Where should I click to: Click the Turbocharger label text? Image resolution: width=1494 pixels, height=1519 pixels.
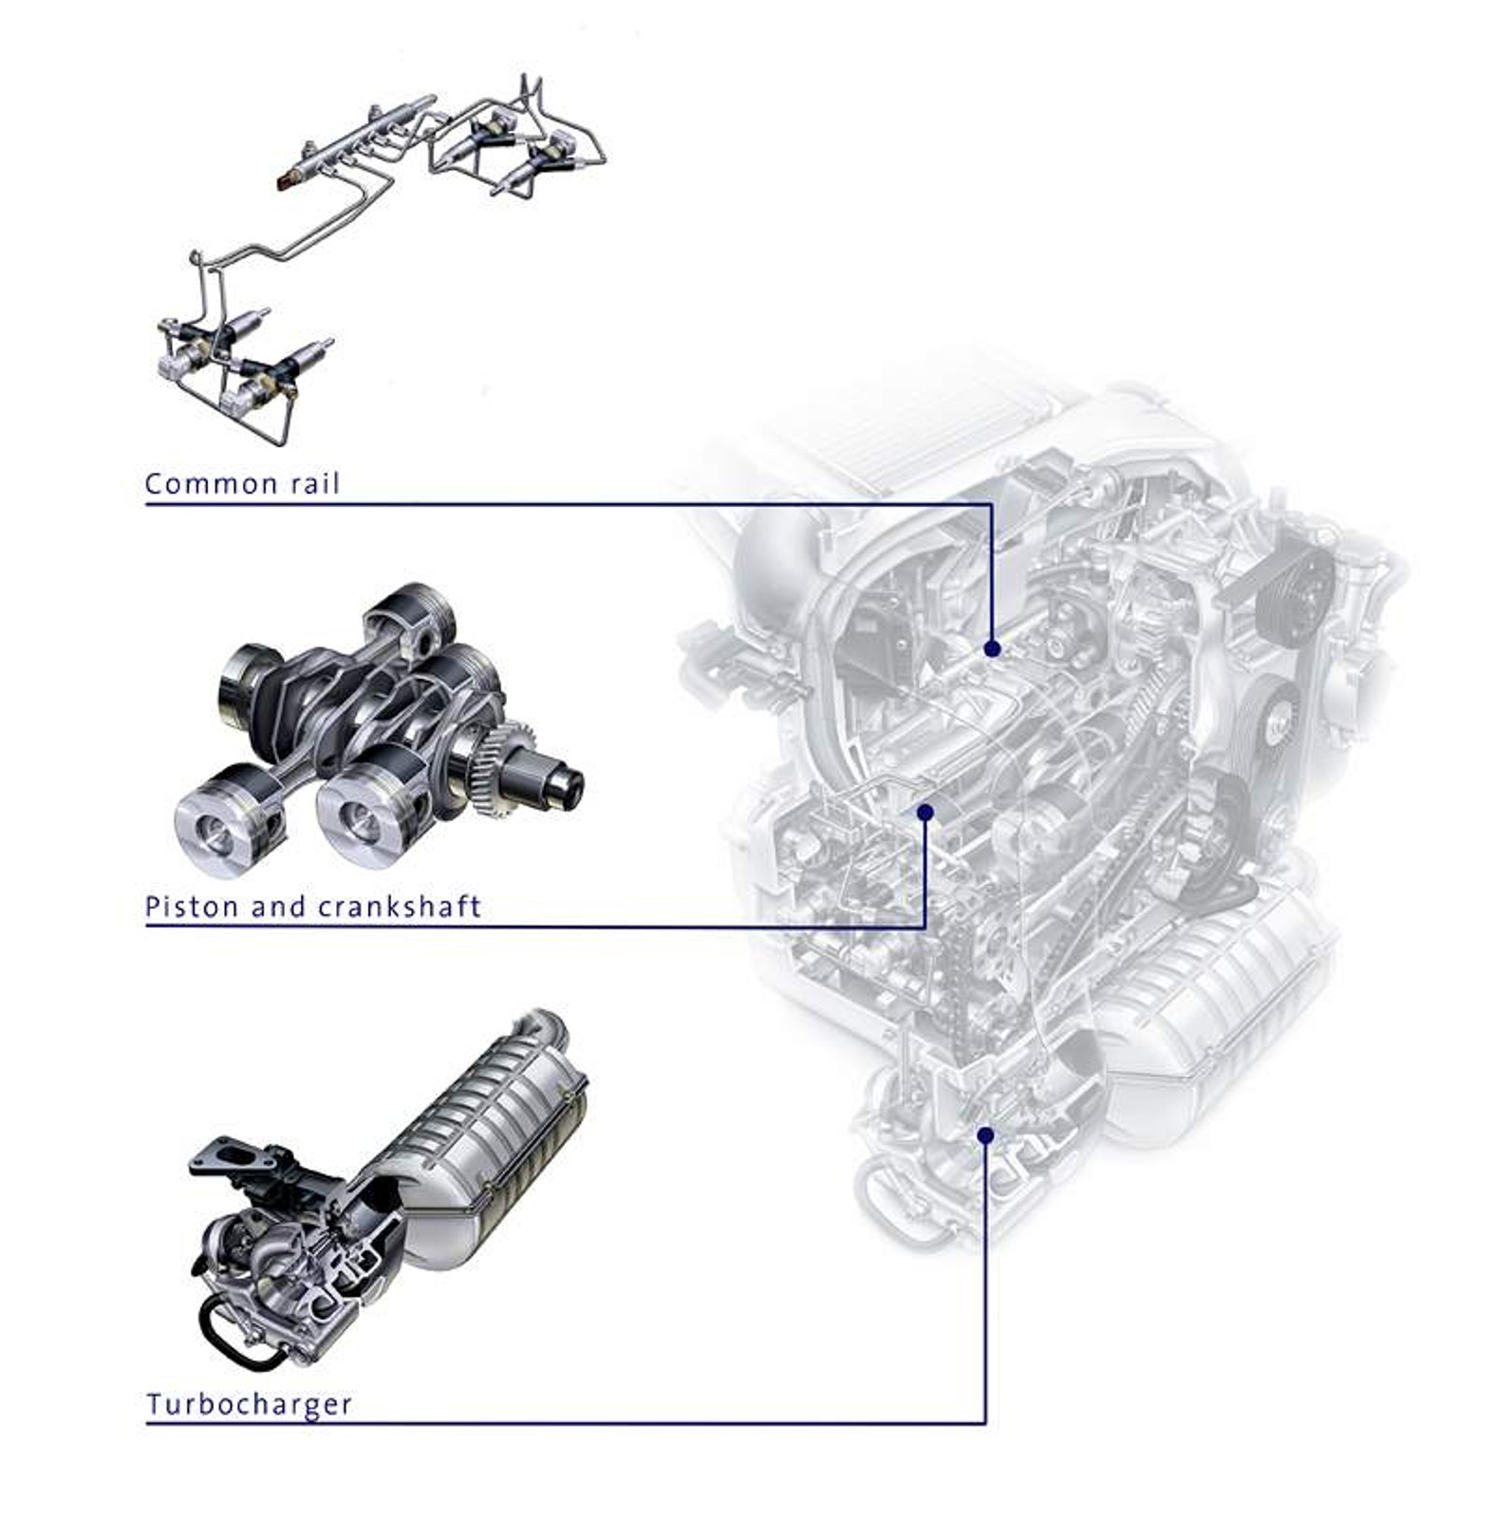pos(249,1403)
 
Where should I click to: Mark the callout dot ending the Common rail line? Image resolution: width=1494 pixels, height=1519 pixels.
pos(992,648)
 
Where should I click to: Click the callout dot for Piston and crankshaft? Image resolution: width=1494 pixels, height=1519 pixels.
pos(925,812)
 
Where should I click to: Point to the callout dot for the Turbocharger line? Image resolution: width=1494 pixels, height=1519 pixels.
pos(985,1135)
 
